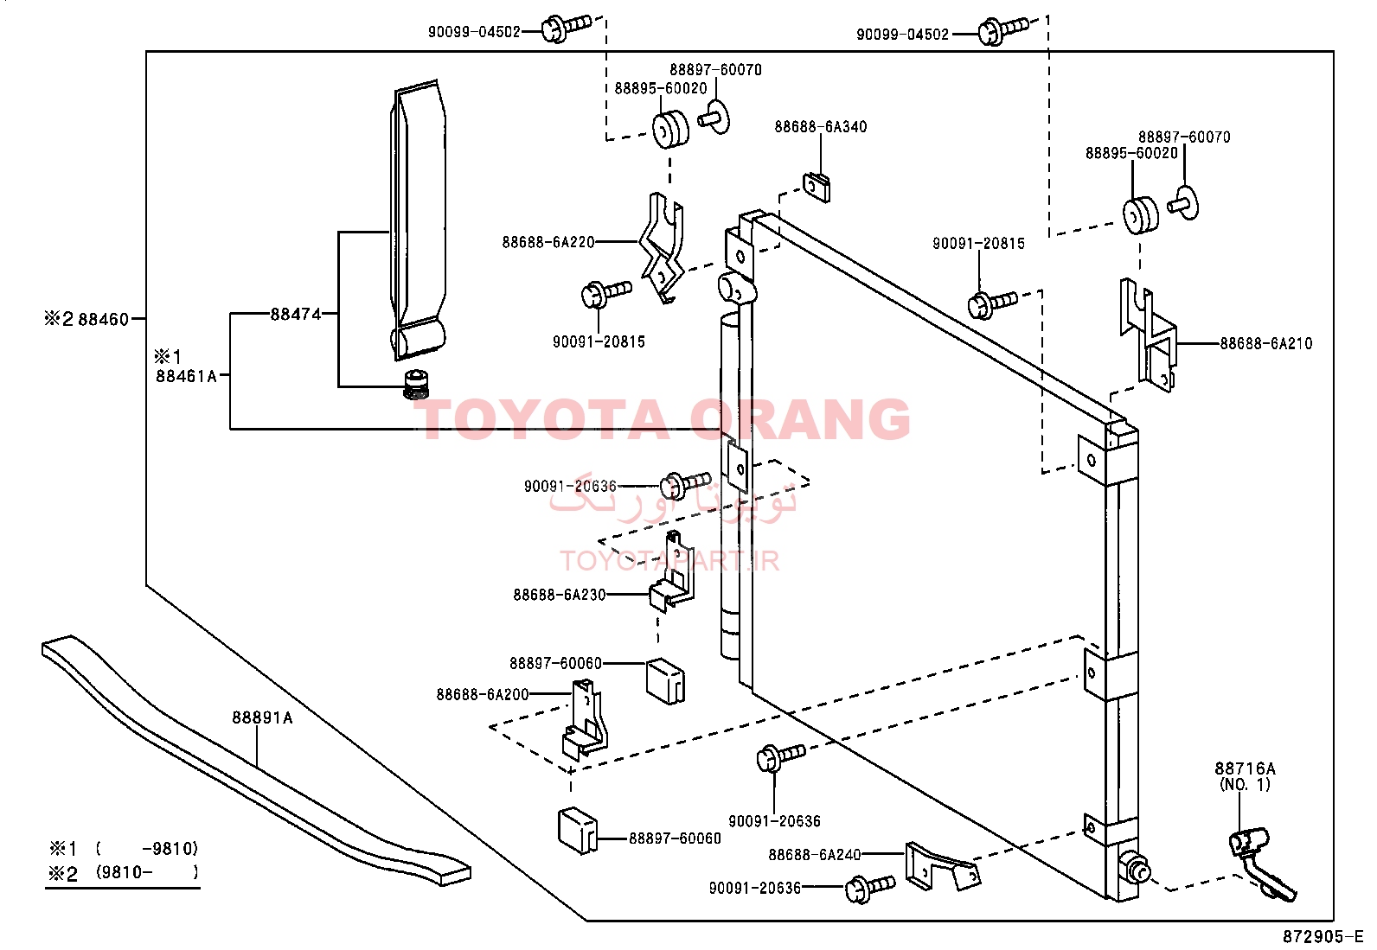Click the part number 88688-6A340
[x=820, y=126]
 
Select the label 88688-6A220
[x=548, y=242]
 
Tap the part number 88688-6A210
[x=1265, y=343]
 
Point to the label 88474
[x=296, y=314]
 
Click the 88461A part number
[x=186, y=376]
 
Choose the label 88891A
[x=262, y=717]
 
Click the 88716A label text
[x=1245, y=768]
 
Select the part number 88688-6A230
[x=560, y=595]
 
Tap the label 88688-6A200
[x=483, y=694]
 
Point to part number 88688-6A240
[x=815, y=855]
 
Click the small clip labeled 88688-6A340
[x=817, y=187]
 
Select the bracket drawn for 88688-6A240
[x=943, y=867]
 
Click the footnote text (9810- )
[x=147, y=872]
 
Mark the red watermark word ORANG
[x=799, y=420]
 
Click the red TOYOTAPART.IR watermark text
[x=669, y=561]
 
